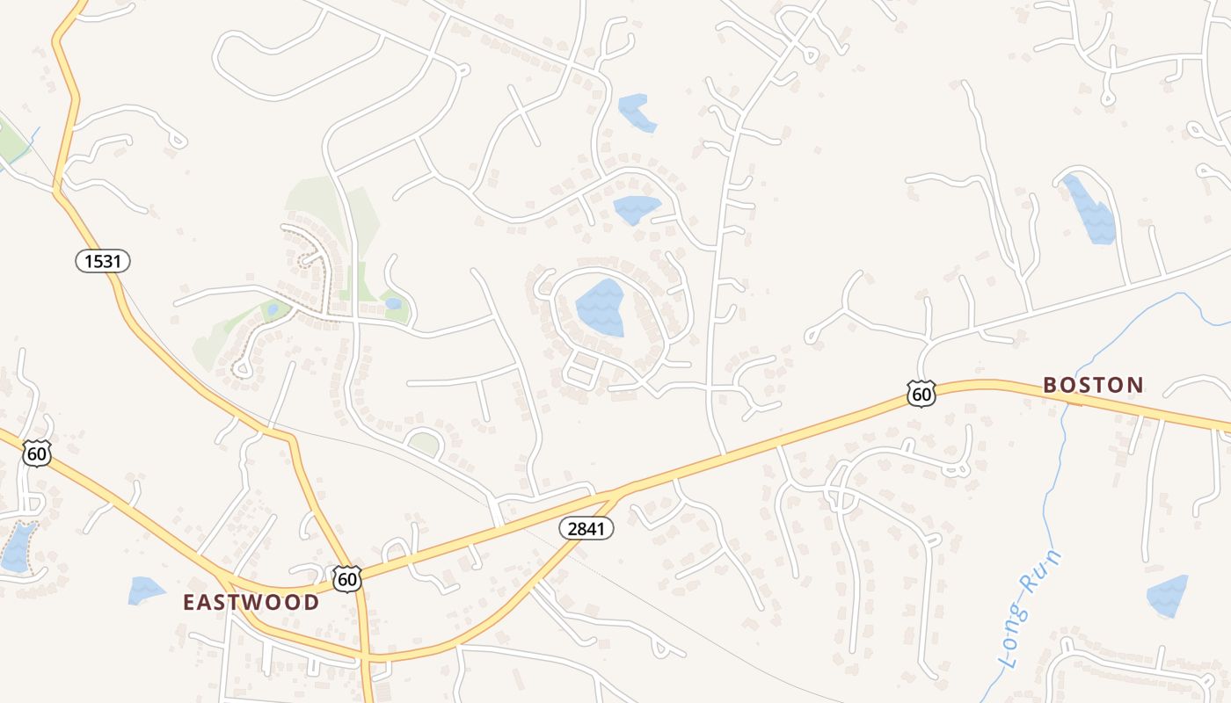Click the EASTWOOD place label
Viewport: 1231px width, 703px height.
(251, 602)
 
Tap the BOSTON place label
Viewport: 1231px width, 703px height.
(1093, 384)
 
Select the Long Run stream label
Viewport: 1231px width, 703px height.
(1031, 609)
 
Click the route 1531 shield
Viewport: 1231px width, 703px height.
(103, 260)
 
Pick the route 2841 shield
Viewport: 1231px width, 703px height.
(586, 528)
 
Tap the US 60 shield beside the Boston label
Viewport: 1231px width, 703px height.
(921, 394)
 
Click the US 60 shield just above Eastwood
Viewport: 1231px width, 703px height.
(347, 578)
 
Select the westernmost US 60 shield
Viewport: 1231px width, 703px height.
(37, 453)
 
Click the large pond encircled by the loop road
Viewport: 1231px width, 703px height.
(601, 308)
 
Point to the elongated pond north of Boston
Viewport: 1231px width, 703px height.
(1089, 210)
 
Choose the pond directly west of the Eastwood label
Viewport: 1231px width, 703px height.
(145, 590)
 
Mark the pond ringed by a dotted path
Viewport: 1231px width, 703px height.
(18, 547)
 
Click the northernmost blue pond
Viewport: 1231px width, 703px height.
(637, 112)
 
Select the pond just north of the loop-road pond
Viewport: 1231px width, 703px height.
(636, 209)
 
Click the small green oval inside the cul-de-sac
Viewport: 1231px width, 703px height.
(425, 445)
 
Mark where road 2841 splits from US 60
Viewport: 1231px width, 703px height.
(621, 489)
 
